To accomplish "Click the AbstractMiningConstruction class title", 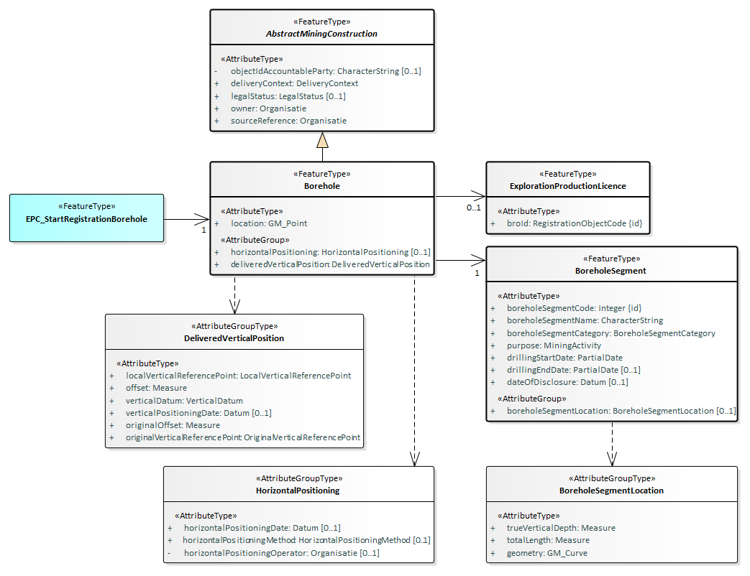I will tap(322, 34).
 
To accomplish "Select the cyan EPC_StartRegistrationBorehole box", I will tap(87, 218).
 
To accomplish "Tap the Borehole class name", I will tap(322, 186).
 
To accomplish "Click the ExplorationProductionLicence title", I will tap(567, 186).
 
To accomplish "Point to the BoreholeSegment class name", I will tap(610, 271).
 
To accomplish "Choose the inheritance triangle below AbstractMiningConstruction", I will tap(322, 140).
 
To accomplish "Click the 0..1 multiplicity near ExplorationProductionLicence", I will tap(473, 208).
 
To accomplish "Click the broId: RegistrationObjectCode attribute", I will tap(574, 224).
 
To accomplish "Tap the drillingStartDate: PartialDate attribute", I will tap(564, 358).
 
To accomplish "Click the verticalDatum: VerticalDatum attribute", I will tap(184, 401).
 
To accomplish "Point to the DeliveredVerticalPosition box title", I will tap(234, 338).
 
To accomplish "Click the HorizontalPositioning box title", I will tap(298, 491).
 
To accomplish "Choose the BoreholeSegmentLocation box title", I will tap(611, 491).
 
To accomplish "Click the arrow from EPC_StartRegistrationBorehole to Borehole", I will tap(187, 218).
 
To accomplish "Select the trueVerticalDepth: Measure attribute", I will tap(561, 528).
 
